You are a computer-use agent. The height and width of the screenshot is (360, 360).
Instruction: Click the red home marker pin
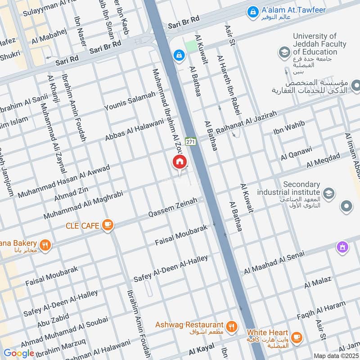tap(180, 162)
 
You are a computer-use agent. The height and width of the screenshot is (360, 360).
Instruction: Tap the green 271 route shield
tap(190, 141)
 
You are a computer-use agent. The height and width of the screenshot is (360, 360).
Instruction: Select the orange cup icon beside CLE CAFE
tap(108, 225)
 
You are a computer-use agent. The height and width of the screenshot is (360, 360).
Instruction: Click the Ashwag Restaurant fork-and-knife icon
tap(232, 327)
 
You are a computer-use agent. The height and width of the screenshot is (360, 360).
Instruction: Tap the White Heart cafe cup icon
tap(296, 337)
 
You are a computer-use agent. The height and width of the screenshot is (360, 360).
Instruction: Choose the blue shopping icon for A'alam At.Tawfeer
tap(253, 10)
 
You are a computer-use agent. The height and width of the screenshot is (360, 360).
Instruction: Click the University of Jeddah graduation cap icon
tap(284, 53)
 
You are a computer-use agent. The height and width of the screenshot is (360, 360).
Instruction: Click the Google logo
tap(19, 353)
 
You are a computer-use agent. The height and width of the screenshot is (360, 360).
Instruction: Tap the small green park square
tap(191, 46)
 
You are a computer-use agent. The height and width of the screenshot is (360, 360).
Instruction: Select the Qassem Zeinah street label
tap(173, 208)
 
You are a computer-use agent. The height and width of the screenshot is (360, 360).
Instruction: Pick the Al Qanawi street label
tap(296, 153)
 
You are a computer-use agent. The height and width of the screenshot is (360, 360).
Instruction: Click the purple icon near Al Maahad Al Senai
tap(343, 247)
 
